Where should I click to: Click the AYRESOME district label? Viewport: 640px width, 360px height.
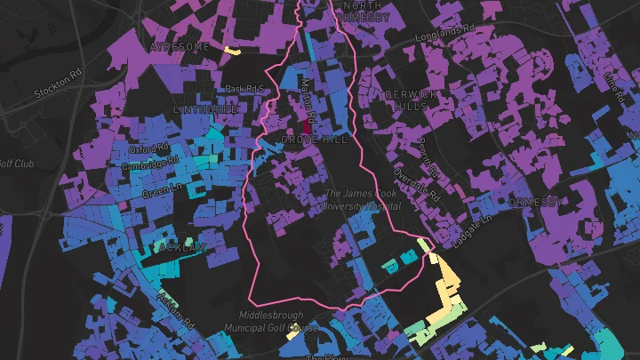(180, 46)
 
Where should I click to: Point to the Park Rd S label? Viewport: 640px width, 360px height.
(246, 89)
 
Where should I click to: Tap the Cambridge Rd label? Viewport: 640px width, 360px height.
(148, 164)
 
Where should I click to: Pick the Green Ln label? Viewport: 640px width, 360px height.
(161, 189)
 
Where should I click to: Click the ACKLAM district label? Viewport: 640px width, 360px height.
(181, 247)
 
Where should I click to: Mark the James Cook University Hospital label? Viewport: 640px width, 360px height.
(363, 199)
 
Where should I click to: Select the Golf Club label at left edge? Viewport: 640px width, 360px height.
(14, 164)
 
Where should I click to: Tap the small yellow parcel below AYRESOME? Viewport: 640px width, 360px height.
(233, 50)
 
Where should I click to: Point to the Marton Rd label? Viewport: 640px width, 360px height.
(308, 96)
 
